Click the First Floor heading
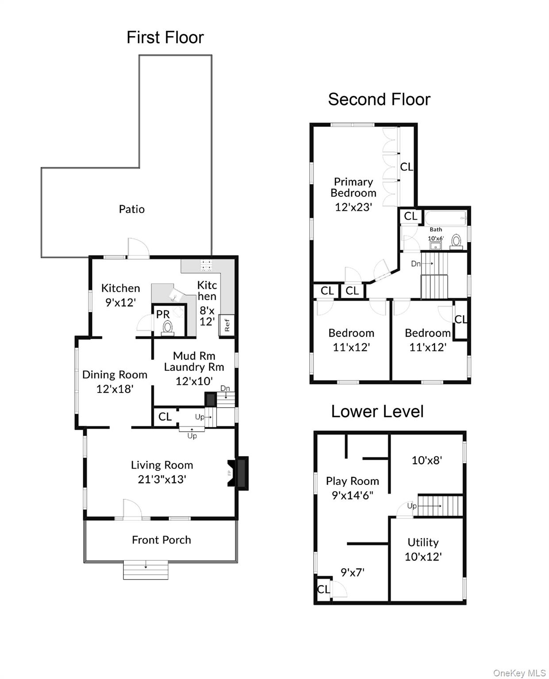(x=165, y=38)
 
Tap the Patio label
(x=131, y=209)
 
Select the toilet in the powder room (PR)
(x=168, y=328)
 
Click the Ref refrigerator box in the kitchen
(x=227, y=326)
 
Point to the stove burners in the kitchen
(x=206, y=265)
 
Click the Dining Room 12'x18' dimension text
(x=115, y=389)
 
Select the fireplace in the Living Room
(x=239, y=473)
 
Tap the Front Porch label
(x=161, y=540)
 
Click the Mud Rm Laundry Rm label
(x=194, y=362)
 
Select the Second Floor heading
(x=379, y=99)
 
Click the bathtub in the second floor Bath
(x=445, y=217)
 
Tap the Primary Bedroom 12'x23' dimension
(x=353, y=207)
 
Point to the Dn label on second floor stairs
(x=416, y=264)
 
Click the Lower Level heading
(x=377, y=412)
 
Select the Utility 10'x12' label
(x=423, y=549)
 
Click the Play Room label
(x=352, y=481)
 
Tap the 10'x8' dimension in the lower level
(x=426, y=461)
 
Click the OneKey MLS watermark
(x=519, y=673)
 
